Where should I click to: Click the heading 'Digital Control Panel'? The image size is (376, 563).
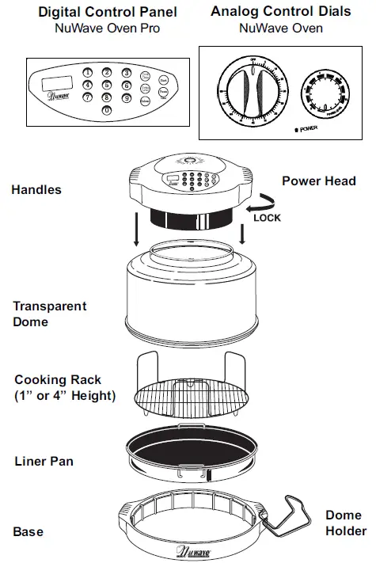(x=97, y=12)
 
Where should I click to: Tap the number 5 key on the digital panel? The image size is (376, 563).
(x=107, y=85)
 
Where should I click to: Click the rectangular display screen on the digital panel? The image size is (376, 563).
(x=55, y=82)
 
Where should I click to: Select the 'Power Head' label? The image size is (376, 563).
(x=319, y=181)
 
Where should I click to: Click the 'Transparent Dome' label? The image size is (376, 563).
(x=49, y=314)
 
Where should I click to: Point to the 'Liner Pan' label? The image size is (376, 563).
(x=45, y=461)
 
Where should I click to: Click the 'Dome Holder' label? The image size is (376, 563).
(x=345, y=523)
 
